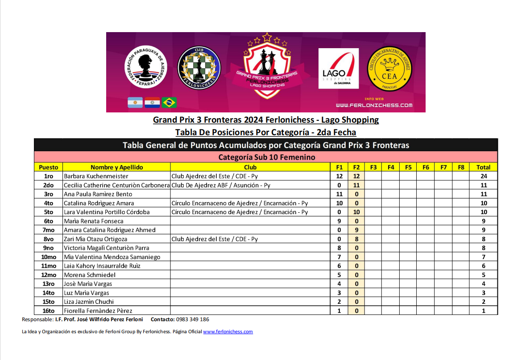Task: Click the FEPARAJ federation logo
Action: pos(146,67)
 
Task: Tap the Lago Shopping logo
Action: pos(338,69)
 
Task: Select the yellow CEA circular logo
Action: pos(389,68)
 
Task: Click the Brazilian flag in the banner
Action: pos(169,103)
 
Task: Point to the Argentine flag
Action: pos(135,103)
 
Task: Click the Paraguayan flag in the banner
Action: pos(152,103)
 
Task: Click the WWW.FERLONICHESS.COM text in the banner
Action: pos(374,105)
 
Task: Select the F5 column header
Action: pos(408,167)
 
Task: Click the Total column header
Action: pos(483,167)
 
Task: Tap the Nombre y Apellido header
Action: pos(116,167)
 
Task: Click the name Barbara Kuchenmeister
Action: pos(96,176)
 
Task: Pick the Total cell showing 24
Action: pos(483,176)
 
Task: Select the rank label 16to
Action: pos(48,310)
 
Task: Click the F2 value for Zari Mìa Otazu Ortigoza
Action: pos(356,239)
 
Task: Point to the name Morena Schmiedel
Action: pos(90,275)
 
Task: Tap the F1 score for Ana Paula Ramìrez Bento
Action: pos(339,194)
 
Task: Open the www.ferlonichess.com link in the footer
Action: pos(228,331)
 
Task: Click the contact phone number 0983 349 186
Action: pos(192,319)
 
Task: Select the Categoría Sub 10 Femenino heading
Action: pos(266,157)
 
